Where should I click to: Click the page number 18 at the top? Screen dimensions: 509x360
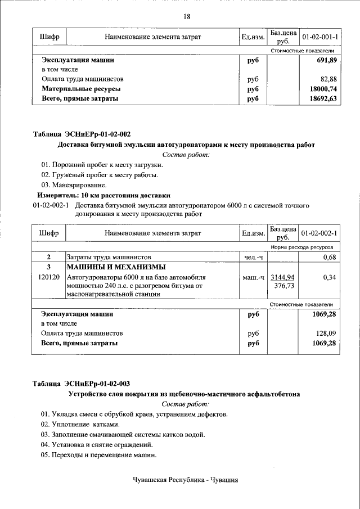[x=187, y=16]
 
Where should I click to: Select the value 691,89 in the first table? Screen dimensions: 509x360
[x=325, y=60]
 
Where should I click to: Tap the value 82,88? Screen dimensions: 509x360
[x=328, y=79]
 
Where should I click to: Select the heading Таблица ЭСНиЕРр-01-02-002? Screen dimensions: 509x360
[x=82, y=134]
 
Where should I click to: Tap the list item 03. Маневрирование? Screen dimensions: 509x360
[x=73, y=184]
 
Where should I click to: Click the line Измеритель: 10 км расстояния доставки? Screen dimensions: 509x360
[x=99, y=195]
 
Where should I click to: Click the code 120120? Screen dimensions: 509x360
[x=49, y=277]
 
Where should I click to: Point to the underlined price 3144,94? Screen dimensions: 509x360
[x=283, y=277]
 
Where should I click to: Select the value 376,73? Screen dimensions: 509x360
[x=284, y=286]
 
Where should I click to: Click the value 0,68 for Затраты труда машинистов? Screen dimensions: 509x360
[x=329, y=257]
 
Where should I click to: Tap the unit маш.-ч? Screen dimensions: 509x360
[x=253, y=277]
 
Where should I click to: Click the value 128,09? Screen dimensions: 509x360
[x=326, y=333]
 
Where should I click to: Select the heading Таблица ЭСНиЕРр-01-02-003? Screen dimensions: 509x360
[x=82, y=384]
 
